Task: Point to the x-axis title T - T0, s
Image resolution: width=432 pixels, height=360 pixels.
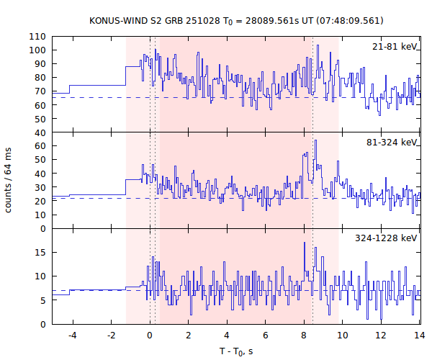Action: [x=236, y=351]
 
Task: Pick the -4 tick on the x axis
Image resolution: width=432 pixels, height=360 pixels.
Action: [x=72, y=335]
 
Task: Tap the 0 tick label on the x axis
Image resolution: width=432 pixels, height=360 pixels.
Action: [x=150, y=335]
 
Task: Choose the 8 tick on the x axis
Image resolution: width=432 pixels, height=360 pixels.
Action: [x=304, y=335]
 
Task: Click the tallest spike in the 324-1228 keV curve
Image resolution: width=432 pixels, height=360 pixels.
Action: [x=305, y=243]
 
